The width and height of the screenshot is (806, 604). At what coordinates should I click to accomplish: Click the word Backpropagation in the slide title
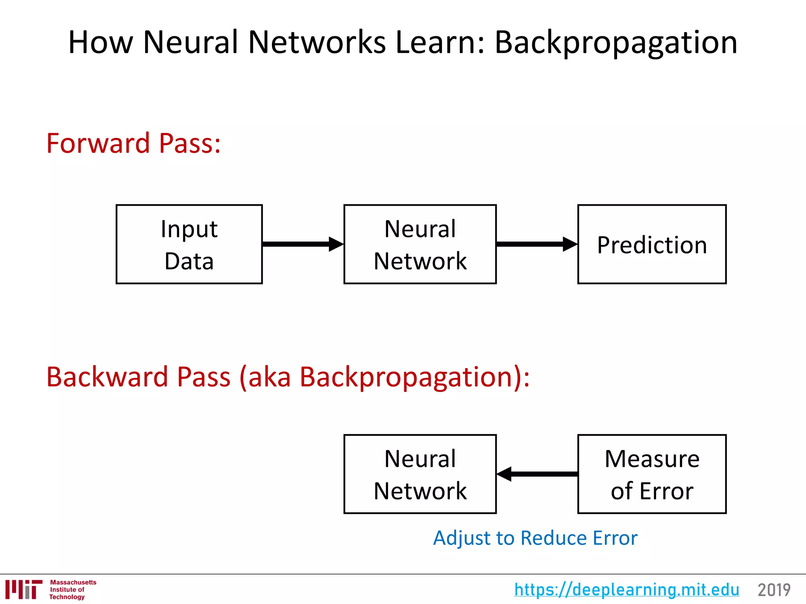[x=616, y=42]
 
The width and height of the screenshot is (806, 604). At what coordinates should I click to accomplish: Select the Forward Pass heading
[x=133, y=143]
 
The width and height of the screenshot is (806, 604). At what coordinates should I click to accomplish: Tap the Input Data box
[x=189, y=244]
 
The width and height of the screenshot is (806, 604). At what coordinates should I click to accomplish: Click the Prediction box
[x=652, y=244]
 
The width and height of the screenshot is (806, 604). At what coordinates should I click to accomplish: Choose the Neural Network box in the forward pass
[x=420, y=244]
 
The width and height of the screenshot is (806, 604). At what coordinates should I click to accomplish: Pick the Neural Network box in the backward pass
[x=420, y=474]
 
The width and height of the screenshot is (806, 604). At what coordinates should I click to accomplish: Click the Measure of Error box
[x=652, y=474]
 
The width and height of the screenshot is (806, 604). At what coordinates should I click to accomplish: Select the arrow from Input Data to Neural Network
[x=302, y=244]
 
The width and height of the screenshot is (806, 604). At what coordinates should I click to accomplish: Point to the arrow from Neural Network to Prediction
[x=536, y=244]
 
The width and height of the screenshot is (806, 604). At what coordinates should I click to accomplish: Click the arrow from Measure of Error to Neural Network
[x=537, y=474]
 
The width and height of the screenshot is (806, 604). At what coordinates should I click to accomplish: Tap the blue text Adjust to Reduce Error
[x=535, y=538]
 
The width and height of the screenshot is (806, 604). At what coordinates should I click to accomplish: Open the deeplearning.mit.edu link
[x=627, y=589]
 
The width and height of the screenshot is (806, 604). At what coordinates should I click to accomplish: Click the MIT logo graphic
[x=24, y=589]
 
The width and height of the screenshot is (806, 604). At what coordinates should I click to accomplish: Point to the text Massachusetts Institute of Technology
[x=72, y=589]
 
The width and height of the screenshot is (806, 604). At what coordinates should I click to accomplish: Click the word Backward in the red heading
[x=107, y=377]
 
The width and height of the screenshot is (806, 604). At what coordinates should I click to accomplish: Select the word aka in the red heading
[x=269, y=377]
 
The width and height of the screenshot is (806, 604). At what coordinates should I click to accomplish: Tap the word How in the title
[x=101, y=42]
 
